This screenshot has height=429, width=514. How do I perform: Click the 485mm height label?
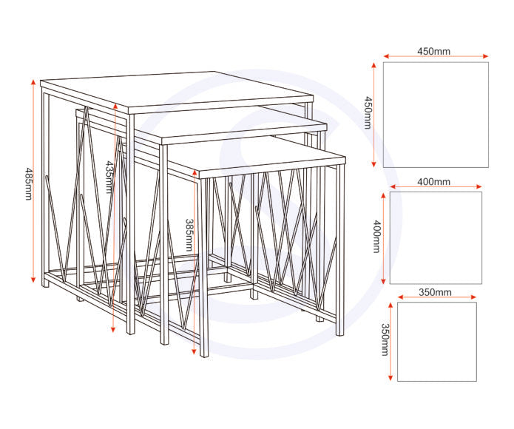click(x=28, y=183)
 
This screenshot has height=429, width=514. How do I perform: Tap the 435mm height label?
click(x=109, y=177)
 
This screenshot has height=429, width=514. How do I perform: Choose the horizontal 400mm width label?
click(x=433, y=182)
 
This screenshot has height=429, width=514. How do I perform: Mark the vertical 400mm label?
click(x=376, y=237)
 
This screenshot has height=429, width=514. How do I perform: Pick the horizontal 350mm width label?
click(x=435, y=293)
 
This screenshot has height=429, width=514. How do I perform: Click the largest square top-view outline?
click(x=436, y=115)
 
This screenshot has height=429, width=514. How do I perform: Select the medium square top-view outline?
click(x=436, y=237)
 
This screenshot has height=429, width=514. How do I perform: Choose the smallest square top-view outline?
click(x=436, y=341)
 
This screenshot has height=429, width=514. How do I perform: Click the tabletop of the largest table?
click(x=177, y=91)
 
